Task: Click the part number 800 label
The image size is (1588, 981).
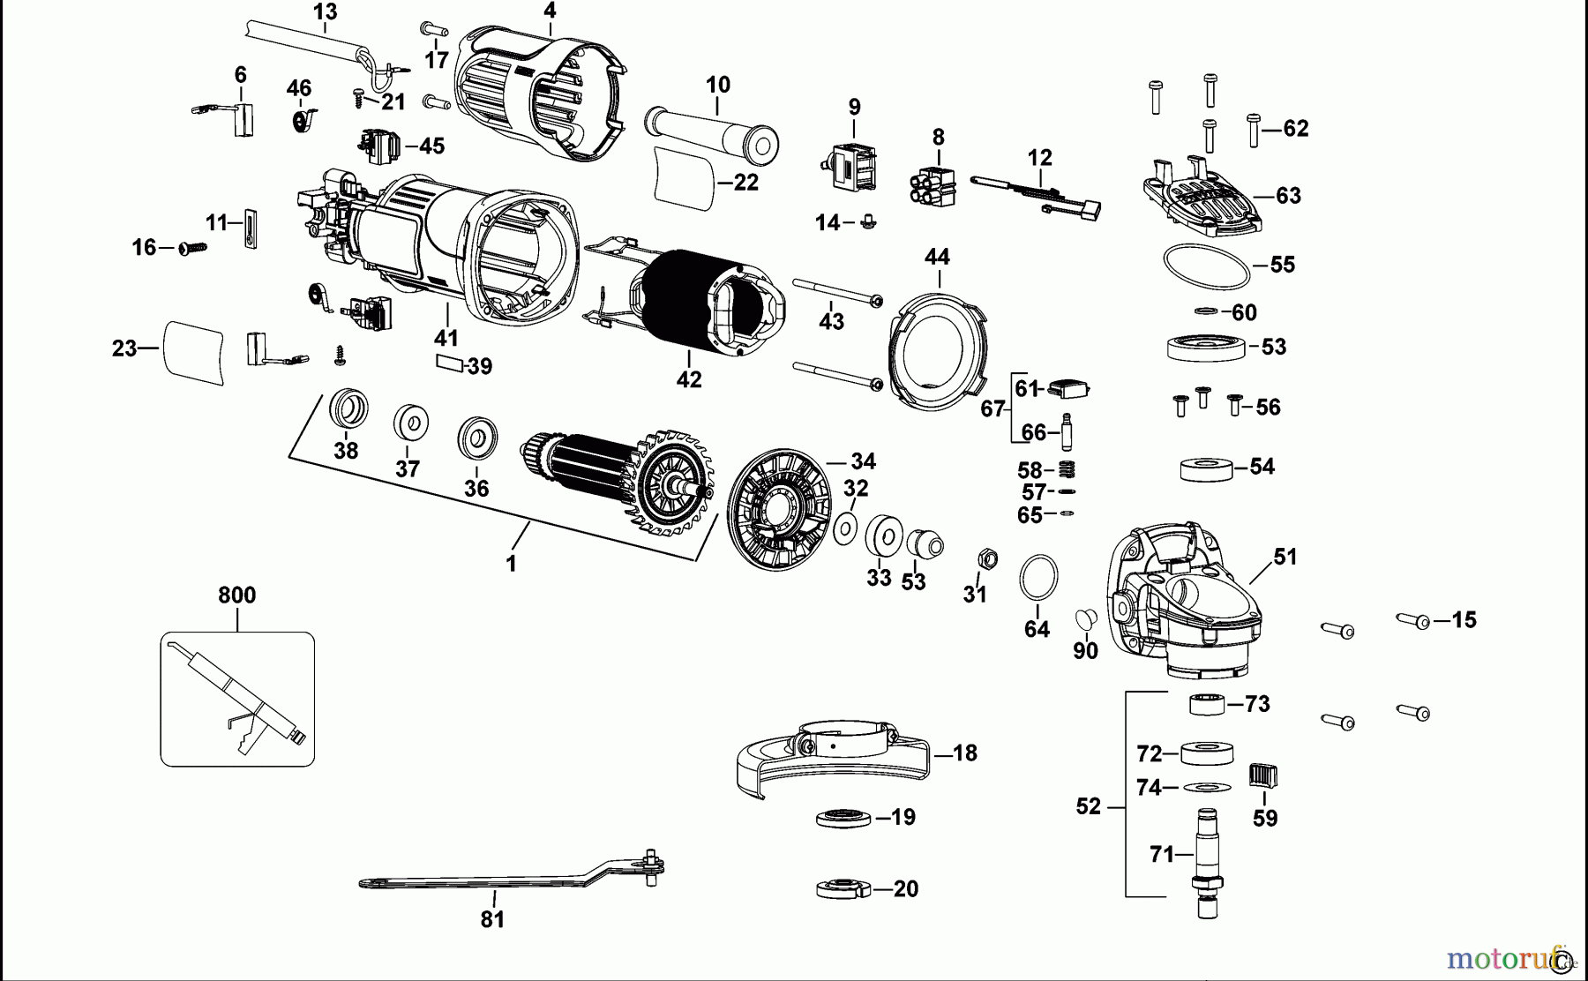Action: coord(236,595)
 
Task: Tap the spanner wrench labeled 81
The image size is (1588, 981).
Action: coord(494,879)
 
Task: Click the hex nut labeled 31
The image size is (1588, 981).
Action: coord(988,558)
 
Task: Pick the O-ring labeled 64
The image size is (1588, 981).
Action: coord(1038,579)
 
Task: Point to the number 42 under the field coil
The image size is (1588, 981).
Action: coord(689,380)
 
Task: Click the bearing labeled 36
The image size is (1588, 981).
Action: coord(477,438)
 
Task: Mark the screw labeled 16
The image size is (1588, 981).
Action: coord(192,249)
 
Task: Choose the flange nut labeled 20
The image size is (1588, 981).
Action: coord(843,888)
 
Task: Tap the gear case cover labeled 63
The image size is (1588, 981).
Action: coord(1204,204)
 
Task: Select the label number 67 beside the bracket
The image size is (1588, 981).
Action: coord(992,408)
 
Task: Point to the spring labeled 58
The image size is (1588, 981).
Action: coord(1066,469)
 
